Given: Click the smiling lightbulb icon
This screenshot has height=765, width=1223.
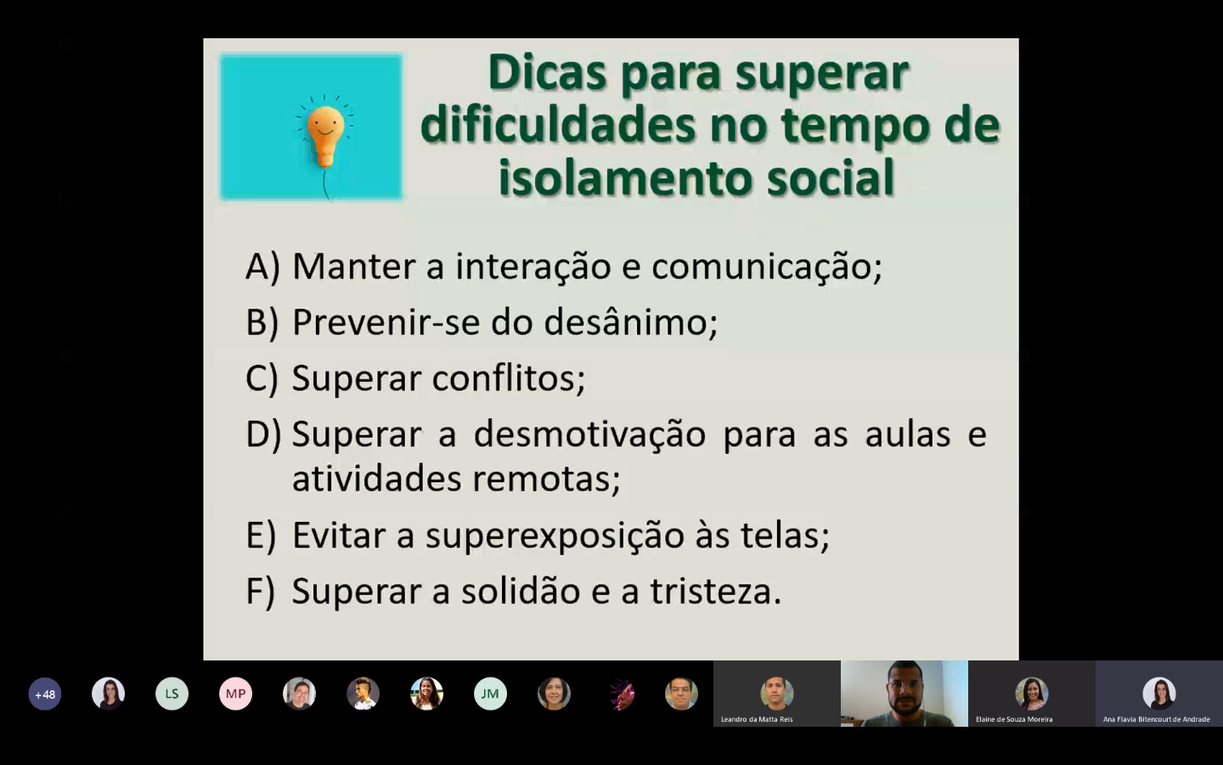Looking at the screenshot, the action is click(x=325, y=137).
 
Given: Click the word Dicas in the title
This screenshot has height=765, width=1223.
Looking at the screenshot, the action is click(x=547, y=73).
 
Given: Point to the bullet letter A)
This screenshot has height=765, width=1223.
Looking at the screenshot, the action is click(x=262, y=267).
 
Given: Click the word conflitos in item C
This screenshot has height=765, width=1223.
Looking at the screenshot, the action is click(x=509, y=377).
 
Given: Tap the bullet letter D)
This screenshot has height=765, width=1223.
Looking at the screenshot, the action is click(x=263, y=435).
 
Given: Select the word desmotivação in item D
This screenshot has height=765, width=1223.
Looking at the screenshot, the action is click(x=589, y=435).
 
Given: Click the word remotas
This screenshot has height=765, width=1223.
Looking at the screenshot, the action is click(x=547, y=479).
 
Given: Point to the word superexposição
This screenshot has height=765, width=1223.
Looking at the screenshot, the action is click(x=555, y=536).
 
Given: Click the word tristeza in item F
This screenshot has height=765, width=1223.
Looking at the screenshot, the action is click(x=716, y=592).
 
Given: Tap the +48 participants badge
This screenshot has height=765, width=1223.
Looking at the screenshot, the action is click(x=45, y=694).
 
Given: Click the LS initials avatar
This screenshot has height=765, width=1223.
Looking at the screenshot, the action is click(x=172, y=694).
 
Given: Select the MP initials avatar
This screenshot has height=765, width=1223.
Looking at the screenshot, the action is click(x=235, y=694).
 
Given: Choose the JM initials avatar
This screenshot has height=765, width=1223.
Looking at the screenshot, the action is click(x=490, y=694).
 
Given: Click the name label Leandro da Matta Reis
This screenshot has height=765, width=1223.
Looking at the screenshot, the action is click(x=757, y=719).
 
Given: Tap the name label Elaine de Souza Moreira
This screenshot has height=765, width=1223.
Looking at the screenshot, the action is click(x=1014, y=719).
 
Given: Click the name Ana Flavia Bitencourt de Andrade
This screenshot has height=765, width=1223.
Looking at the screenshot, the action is click(x=1157, y=719).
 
